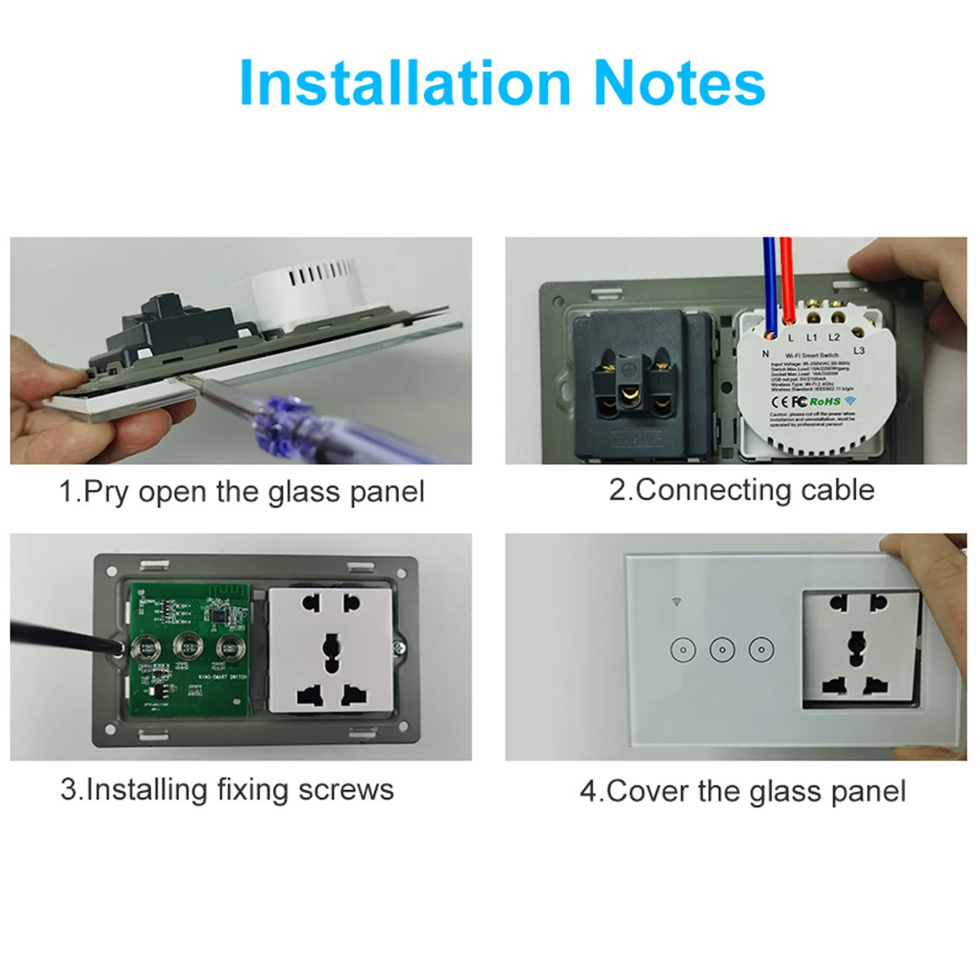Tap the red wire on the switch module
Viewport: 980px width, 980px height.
pyautogui.click(x=787, y=282)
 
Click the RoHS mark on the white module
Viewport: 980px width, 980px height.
pyautogui.click(x=825, y=402)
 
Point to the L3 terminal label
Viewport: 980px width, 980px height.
pyautogui.click(x=859, y=351)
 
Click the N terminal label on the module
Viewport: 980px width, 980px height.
pyautogui.click(x=765, y=354)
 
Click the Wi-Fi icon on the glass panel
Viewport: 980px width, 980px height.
pyautogui.click(x=676, y=602)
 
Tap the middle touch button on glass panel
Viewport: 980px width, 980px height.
pyautogui.click(x=722, y=649)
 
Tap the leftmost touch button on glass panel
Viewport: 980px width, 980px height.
pyautogui.click(x=682, y=649)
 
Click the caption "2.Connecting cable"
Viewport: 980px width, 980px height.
pyautogui.click(x=741, y=490)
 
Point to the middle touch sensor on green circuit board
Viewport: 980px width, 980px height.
pyautogui.click(x=187, y=646)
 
